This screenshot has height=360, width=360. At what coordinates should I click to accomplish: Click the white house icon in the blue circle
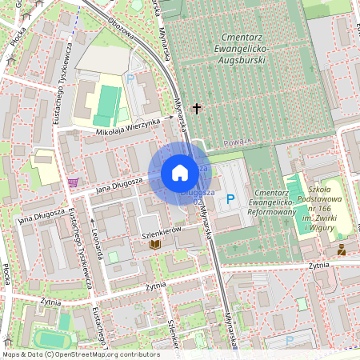pyautogui.click(x=180, y=173)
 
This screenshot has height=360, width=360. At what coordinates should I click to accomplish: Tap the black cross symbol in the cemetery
pyautogui.click(x=197, y=107)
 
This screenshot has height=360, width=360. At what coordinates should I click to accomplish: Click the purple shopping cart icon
pyautogui.click(x=74, y=182)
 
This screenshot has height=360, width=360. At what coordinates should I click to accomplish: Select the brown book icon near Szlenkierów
pyautogui.click(x=156, y=243)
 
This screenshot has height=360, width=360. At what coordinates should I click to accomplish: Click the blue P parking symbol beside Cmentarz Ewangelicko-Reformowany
pyautogui.click(x=231, y=198)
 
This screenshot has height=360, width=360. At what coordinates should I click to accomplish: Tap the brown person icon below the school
pyautogui.click(x=342, y=250)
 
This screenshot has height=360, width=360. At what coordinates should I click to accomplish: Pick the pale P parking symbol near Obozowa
pyautogui.click(x=130, y=78)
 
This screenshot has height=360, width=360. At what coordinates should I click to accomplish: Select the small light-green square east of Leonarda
pyautogui.click(x=113, y=257)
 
